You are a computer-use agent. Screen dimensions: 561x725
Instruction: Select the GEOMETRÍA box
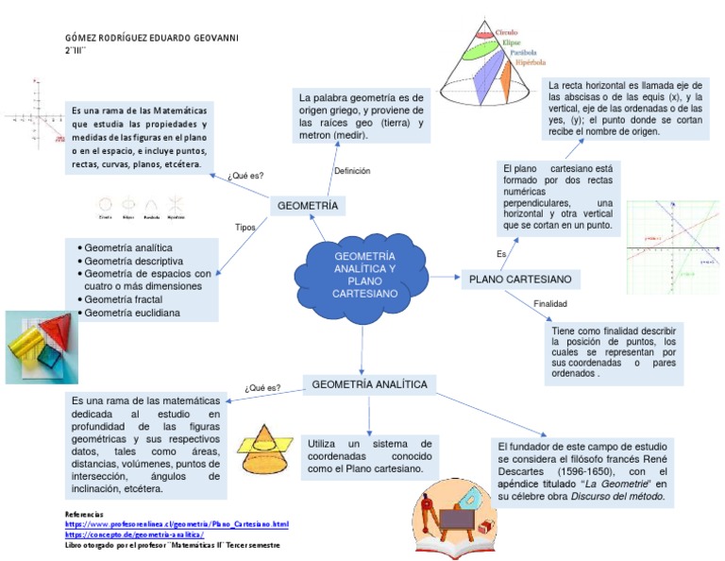click(x=307, y=206)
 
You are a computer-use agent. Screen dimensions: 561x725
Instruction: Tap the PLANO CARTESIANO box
click(x=519, y=280)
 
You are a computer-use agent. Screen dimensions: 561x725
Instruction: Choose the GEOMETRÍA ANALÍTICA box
click(x=369, y=384)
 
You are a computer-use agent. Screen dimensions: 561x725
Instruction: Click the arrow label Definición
click(x=352, y=171)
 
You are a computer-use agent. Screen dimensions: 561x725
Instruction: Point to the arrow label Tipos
click(x=245, y=228)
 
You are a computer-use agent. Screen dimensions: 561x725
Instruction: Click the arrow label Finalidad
click(x=550, y=304)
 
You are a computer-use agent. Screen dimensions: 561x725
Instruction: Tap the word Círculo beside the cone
click(x=507, y=32)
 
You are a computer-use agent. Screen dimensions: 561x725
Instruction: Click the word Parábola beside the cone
click(x=523, y=53)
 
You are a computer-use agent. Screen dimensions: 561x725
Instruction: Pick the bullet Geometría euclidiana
click(x=131, y=313)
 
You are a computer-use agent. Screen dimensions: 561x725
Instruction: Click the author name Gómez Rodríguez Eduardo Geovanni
click(x=151, y=37)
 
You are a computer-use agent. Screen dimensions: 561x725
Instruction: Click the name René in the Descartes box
click(x=654, y=458)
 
